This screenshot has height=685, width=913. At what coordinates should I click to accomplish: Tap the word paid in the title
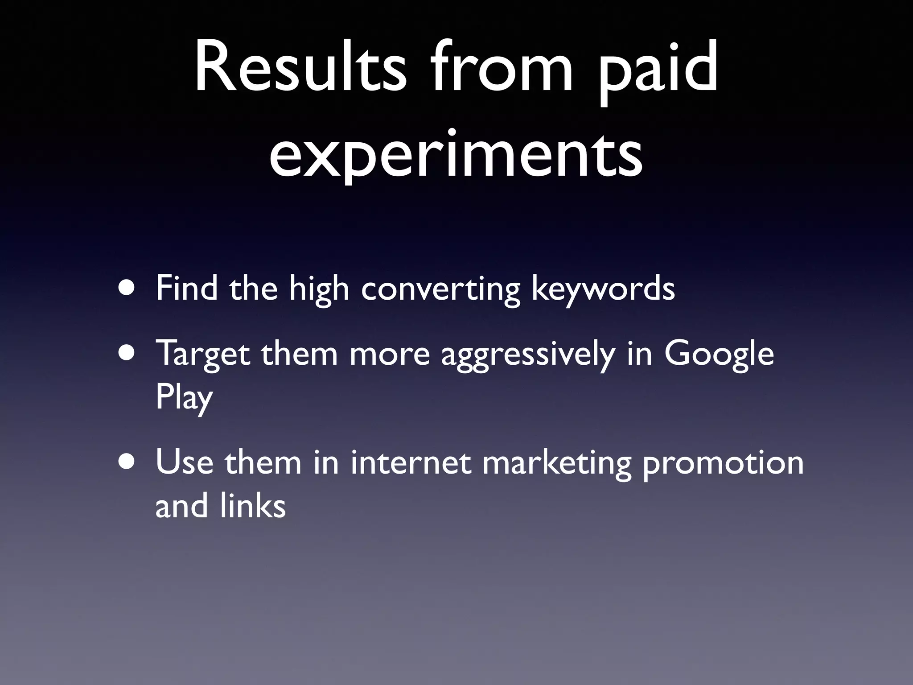click(658, 71)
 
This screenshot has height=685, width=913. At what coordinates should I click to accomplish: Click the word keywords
click(603, 289)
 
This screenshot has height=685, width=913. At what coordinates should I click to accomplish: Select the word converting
click(440, 289)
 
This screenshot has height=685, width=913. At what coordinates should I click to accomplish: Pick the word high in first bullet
click(319, 289)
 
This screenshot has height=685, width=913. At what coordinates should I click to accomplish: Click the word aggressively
click(528, 354)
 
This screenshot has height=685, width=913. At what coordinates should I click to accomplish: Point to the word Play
click(184, 398)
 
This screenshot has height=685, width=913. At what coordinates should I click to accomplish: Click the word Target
click(203, 354)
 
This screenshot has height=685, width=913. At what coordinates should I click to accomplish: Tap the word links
click(252, 507)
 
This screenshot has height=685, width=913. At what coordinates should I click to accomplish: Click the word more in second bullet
click(389, 354)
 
